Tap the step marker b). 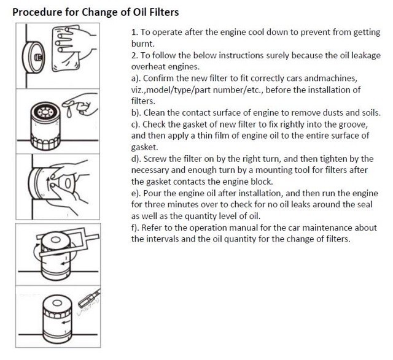pos(137,113)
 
